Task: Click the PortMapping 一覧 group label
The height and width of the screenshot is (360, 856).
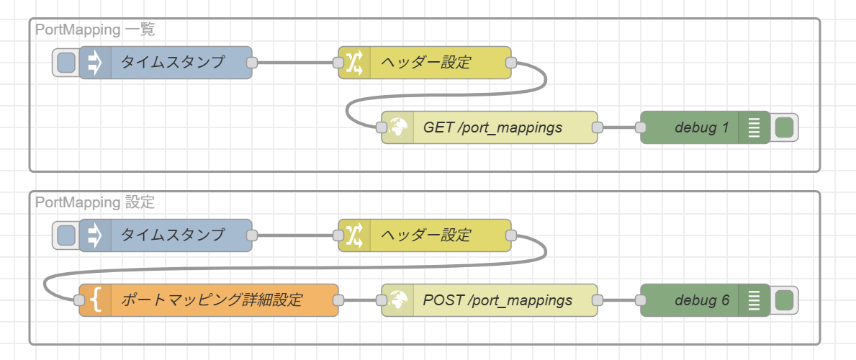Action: tap(94, 30)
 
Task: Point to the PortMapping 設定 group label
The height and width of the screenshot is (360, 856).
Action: tap(94, 202)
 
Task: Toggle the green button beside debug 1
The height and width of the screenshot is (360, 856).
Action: tap(784, 128)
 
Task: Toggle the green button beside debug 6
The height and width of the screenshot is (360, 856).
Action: tap(784, 300)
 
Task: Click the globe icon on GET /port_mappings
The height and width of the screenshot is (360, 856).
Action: tap(397, 128)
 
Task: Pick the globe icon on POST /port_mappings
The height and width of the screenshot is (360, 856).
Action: tap(397, 300)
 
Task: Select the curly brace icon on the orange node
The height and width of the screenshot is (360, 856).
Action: tap(95, 300)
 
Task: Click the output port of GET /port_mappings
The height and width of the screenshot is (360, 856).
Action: tap(597, 128)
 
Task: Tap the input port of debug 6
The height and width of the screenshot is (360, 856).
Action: tap(640, 300)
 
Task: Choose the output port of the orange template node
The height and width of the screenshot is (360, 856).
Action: tap(338, 300)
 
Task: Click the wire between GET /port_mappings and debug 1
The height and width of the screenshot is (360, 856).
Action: tap(618, 128)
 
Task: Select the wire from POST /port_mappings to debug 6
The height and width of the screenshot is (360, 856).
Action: tap(618, 300)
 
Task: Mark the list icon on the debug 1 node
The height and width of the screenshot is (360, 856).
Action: tap(754, 128)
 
